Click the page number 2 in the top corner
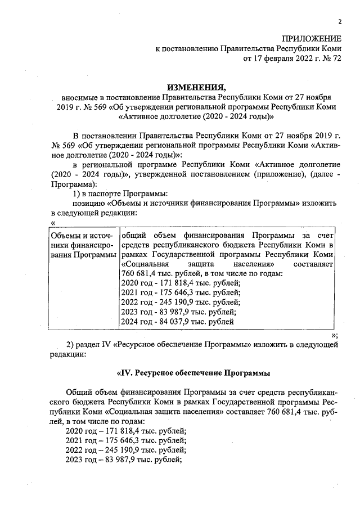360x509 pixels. pos(340,22)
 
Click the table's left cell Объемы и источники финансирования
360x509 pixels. pos(82,245)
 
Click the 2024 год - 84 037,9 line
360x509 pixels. pos(177,322)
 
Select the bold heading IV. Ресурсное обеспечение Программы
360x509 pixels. pos(193,373)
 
